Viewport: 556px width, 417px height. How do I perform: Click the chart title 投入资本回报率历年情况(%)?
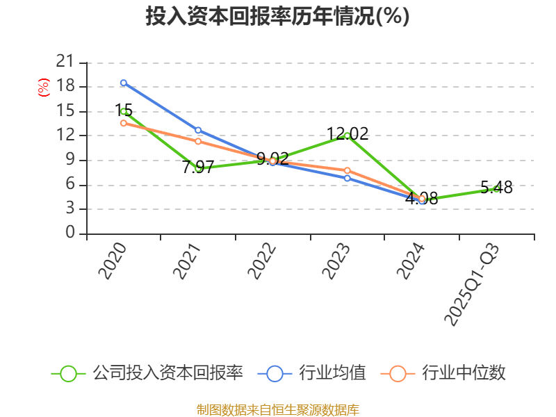click(x=277, y=17)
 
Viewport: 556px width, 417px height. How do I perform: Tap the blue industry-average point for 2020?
click(x=124, y=83)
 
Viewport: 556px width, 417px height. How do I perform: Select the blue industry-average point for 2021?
click(x=198, y=130)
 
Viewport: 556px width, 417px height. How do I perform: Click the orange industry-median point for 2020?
click(x=124, y=123)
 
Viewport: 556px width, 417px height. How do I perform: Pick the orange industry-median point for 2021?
click(x=198, y=141)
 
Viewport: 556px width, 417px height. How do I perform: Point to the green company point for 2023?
click(x=347, y=136)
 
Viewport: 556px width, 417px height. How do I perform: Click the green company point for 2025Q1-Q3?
click(x=496, y=188)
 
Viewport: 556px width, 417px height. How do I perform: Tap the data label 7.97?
click(x=197, y=167)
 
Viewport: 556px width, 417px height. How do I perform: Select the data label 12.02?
click(x=347, y=133)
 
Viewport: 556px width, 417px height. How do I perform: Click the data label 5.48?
click(x=496, y=187)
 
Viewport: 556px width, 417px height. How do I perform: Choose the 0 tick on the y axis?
click(x=69, y=234)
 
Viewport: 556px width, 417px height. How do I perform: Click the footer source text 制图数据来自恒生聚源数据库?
click(x=277, y=409)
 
